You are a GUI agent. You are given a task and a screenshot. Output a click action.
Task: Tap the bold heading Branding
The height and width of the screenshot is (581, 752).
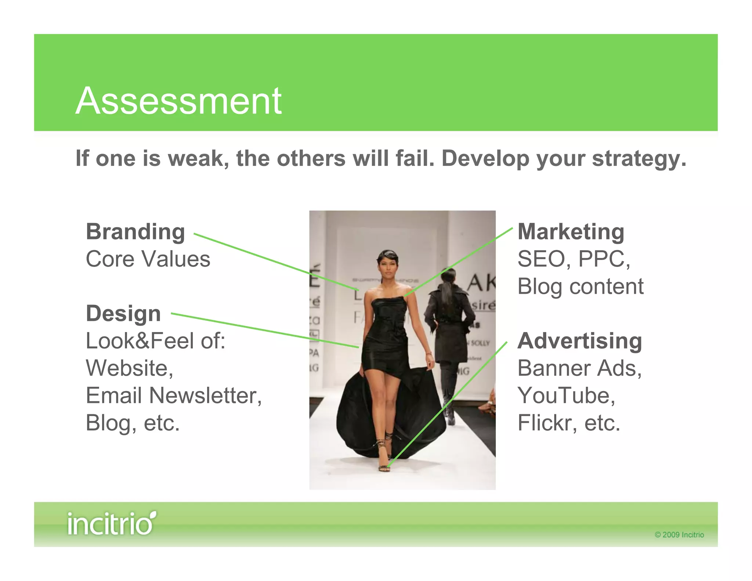[135, 232]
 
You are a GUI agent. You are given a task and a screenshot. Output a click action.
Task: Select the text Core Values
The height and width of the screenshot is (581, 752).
[148, 259]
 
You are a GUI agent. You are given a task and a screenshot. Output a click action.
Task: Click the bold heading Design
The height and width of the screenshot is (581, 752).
[123, 314]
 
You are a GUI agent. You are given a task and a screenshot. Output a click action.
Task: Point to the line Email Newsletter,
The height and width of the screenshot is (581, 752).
[174, 396]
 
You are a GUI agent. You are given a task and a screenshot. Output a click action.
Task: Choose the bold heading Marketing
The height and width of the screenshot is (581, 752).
[571, 232]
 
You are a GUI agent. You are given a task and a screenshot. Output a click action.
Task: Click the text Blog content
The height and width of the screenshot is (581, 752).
[580, 286]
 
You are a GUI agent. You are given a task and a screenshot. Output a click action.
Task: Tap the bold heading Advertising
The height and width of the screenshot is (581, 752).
[579, 341]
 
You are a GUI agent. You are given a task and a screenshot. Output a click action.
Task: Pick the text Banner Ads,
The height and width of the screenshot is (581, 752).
[579, 368]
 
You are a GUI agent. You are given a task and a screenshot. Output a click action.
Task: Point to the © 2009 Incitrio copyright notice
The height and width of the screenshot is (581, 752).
[679, 535]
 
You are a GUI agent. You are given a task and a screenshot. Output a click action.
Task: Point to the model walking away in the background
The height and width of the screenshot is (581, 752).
[448, 331]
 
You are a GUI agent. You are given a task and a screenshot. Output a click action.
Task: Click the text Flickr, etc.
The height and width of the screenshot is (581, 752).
[568, 423]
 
